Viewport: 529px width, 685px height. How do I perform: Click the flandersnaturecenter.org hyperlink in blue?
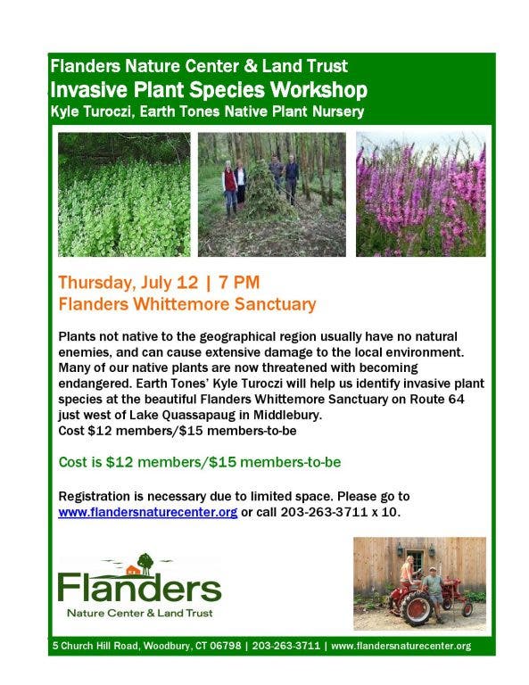coord(148,512)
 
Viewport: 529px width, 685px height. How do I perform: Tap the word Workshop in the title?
coord(318,90)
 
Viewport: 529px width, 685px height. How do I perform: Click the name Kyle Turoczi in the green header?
coord(91,111)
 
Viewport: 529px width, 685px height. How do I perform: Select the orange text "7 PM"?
coord(239,282)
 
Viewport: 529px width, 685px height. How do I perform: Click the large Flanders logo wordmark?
coord(139,589)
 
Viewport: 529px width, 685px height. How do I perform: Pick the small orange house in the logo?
coord(133,570)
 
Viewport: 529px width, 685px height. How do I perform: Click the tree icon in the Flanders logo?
coord(145,564)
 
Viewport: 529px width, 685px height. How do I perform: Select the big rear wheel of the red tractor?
coord(416,607)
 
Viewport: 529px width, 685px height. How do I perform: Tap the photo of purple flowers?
coord(421,194)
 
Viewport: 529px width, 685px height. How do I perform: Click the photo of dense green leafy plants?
coord(124,194)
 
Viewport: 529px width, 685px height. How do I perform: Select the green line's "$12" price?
coord(120,462)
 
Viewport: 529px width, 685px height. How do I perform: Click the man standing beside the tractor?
coord(434,594)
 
